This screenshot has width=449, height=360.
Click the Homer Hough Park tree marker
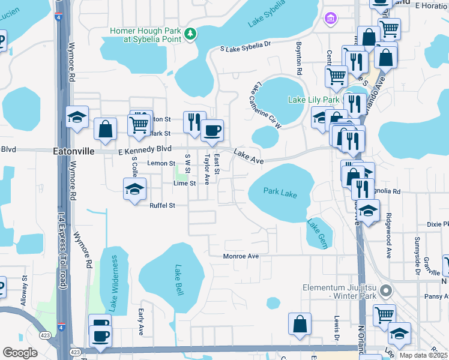pyautogui.click(x=190, y=34)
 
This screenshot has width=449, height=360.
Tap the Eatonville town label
pyautogui.click(x=74, y=152)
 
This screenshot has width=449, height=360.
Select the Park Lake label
pyautogui.click(x=280, y=193)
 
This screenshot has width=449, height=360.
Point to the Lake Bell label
pyautogui.click(x=178, y=280)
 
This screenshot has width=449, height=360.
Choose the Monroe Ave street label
pyautogui.click(x=241, y=256)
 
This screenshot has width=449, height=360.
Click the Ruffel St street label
pyautogui.click(x=162, y=206)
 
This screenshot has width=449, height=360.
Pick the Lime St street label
pyautogui.click(x=184, y=183)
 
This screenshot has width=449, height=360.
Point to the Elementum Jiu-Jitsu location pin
pyautogui.click(x=387, y=292)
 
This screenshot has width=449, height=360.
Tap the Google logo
pyautogui.click(x=20, y=353)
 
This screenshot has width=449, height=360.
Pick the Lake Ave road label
pyautogui.click(x=249, y=157)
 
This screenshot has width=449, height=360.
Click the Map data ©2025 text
pyautogui.click(x=422, y=355)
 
